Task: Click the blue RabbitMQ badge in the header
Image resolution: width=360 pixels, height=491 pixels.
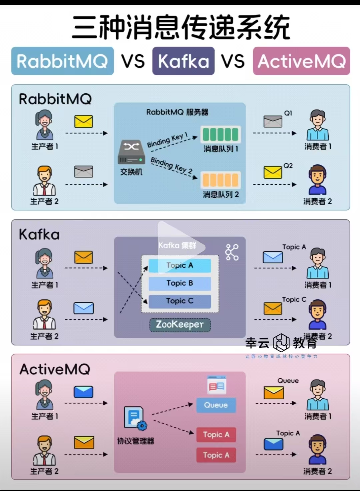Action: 62,61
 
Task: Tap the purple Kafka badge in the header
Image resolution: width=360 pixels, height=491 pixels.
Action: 183,61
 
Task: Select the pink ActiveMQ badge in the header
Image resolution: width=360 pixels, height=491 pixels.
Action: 301,61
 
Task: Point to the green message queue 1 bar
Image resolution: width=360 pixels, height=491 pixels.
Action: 220,135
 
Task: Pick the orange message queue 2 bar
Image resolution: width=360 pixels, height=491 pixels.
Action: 220,180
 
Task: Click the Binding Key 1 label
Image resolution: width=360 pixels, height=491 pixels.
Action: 168,140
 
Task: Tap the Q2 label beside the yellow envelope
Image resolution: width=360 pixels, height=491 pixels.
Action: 288,166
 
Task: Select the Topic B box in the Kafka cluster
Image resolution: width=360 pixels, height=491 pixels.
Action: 180,283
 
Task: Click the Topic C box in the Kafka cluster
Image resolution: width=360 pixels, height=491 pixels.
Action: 180,301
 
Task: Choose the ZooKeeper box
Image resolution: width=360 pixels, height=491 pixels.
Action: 180,324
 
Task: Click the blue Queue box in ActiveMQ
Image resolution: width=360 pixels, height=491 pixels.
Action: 216,405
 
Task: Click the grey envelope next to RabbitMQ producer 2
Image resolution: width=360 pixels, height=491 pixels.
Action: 84,172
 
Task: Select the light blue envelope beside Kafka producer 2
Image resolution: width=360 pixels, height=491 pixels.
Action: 83,308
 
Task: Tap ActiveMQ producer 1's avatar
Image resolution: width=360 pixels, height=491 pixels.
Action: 44,395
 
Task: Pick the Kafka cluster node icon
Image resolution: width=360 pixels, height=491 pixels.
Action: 232,252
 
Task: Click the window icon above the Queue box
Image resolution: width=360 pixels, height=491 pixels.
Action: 216,385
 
